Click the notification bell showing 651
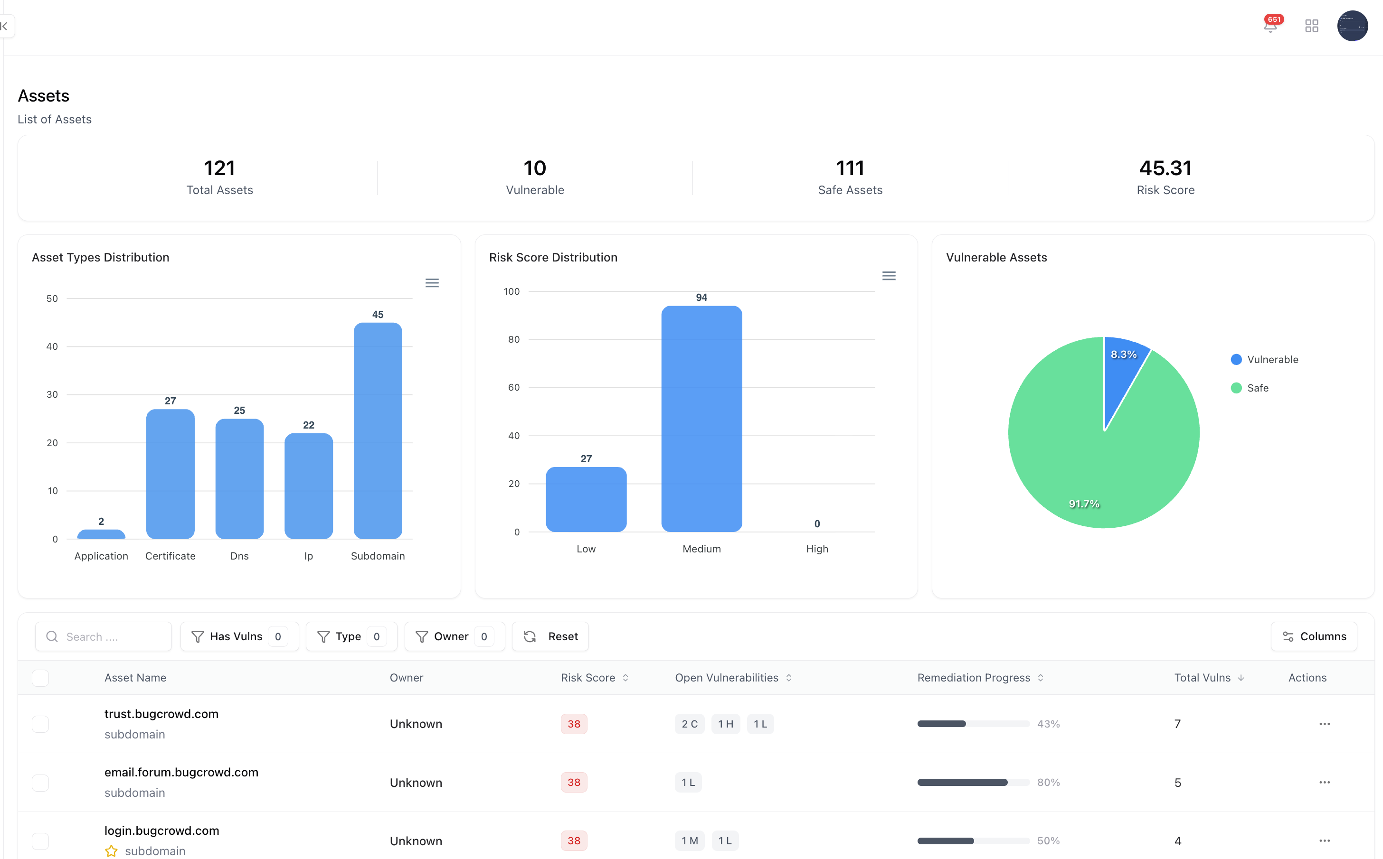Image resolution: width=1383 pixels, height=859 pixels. coord(1270,26)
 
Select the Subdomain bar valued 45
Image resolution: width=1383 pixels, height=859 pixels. coord(378,432)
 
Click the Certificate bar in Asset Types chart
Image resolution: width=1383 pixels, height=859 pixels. coord(170,475)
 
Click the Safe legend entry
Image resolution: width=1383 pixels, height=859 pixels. coord(1257,388)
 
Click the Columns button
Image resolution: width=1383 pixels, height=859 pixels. coord(1314,636)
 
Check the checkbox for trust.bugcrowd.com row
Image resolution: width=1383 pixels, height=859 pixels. coord(40,724)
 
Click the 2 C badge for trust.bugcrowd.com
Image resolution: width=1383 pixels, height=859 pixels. coord(689,724)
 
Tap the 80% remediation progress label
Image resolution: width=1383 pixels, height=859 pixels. coord(1048,782)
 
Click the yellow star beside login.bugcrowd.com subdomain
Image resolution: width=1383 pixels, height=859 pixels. coord(112,850)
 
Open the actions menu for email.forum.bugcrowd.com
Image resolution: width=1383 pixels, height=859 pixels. coord(1324,782)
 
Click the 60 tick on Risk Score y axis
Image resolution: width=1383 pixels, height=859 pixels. coord(513,387)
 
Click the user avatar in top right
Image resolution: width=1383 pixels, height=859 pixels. coord(1352,26)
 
